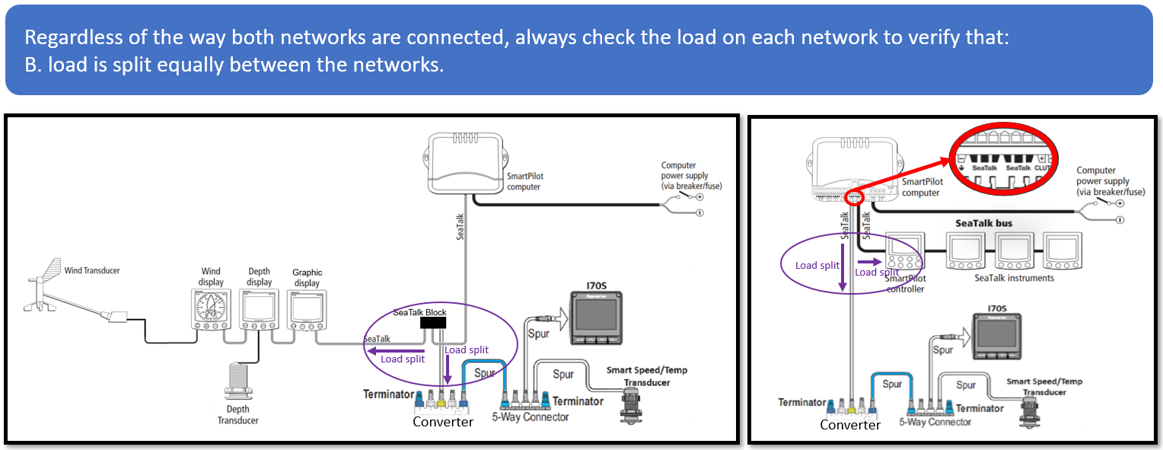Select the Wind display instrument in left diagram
pos(210,311)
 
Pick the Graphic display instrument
pos(307,311)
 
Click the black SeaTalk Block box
pos(435,324)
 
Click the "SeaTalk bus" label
pos(983,223)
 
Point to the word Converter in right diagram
pos(849,425)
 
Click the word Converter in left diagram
pos(443,421)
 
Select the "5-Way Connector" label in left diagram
pos(530,417)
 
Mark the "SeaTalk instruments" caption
pos(1014,278)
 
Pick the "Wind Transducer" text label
pos(92,270)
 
